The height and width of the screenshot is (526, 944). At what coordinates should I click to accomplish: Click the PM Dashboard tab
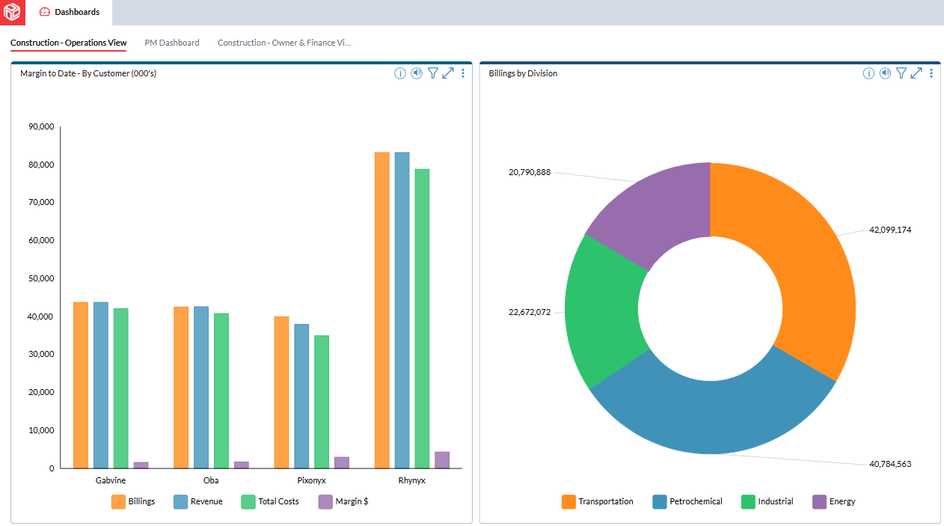172,43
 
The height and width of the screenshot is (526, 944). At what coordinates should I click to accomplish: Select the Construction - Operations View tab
68,43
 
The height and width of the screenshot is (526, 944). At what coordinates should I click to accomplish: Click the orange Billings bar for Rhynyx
382,310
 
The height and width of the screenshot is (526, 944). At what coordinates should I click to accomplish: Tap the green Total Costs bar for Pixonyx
322,401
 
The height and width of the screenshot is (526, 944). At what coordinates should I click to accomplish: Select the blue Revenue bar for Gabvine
101,385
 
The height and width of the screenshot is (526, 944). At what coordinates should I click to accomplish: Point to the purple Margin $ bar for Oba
242,465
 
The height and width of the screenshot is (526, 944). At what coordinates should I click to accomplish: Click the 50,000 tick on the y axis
41,278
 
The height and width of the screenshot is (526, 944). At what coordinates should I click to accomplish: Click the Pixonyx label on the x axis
311,480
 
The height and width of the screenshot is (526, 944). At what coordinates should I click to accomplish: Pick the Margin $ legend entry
343,501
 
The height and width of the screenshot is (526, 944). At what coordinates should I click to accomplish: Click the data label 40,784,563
890,464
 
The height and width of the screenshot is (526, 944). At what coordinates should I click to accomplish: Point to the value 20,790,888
530,172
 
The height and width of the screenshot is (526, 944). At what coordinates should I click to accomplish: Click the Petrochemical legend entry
687,501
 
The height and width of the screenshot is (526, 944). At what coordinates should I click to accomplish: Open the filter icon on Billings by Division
901,73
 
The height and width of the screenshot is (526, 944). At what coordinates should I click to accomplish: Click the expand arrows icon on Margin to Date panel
448,73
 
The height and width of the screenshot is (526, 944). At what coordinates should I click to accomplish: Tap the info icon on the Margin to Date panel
400,73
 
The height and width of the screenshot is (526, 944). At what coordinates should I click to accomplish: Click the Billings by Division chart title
523,73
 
